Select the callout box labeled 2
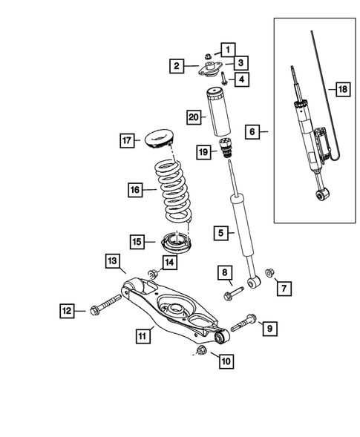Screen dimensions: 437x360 coord(176,67)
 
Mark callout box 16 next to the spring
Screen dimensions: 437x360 coord(135,191)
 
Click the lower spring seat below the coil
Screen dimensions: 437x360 coord(174,241)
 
